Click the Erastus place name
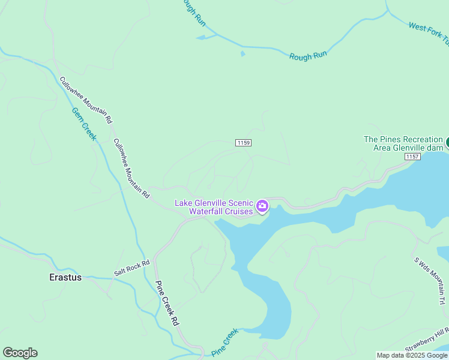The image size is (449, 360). click(x=64, y=277)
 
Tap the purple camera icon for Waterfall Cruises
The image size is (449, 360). click(x=262, y=207)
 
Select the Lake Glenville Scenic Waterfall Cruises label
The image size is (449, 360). click(x=214, y=207)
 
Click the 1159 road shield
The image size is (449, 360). click(x=243, y=143)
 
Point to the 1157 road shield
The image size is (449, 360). click(x=412, y=157)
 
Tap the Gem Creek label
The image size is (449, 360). click(x=84, y=124)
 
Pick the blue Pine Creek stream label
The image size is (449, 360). click(x=225, y=341)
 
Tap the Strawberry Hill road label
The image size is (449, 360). click(x=427, y=340)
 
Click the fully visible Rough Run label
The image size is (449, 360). click(x=308, y=55)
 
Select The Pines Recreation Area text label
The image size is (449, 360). click(x=403, y=143)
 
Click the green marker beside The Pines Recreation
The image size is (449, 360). click(x=447, y=143)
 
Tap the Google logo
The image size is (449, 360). click(x=20, y=353)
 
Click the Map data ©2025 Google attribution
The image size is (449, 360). click(x=412, y=355)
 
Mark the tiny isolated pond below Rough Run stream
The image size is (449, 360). click(x=243, y=54)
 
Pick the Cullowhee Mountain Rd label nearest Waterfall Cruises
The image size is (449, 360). click(x=131, y=169)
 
